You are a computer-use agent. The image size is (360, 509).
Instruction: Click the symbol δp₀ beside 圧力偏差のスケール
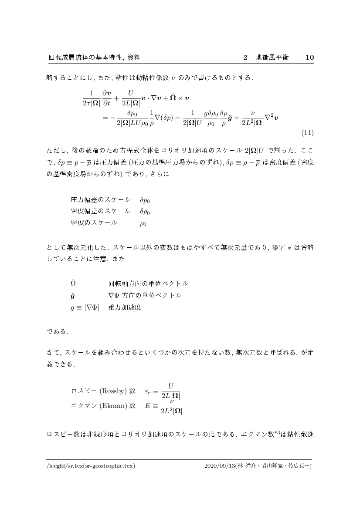[145, 200]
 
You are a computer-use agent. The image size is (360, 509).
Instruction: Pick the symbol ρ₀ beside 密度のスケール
[143, 224]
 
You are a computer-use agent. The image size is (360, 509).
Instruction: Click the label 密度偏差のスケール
[100, 212]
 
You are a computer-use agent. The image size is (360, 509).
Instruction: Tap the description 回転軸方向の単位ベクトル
[148, 283]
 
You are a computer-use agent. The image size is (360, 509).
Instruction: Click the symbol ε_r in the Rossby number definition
[147, 391]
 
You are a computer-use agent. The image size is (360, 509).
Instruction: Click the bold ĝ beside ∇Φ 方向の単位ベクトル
[72, 296]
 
